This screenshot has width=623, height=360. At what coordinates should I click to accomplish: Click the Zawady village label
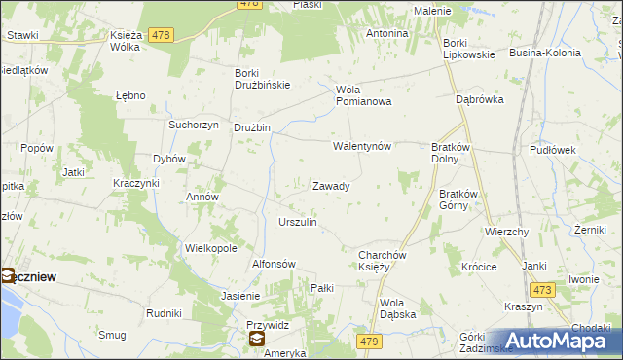pos(331,185)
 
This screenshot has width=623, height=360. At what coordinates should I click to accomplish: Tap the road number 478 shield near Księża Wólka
pos(162,35)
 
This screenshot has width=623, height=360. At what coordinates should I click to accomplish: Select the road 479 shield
pos(369,341)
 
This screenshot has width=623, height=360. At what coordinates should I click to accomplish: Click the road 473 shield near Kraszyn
pos(542,289)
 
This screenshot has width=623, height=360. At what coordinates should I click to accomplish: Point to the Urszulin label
pos(298,222)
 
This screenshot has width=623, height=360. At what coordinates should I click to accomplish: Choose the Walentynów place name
pos(362,146)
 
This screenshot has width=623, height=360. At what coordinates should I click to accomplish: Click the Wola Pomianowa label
pos(363,95)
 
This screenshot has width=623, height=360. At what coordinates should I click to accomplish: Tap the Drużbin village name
pos(251,127)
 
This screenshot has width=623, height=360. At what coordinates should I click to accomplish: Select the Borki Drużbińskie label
pos(263,78)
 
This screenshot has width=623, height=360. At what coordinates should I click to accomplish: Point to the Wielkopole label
pos(211,248)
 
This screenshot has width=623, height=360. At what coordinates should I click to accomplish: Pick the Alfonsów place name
pos(274,264)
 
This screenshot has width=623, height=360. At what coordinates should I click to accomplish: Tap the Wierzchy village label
pos(506,233)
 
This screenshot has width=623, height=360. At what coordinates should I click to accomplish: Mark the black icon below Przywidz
pos(256,339)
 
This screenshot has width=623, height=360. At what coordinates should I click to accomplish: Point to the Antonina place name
pos(386,33)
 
